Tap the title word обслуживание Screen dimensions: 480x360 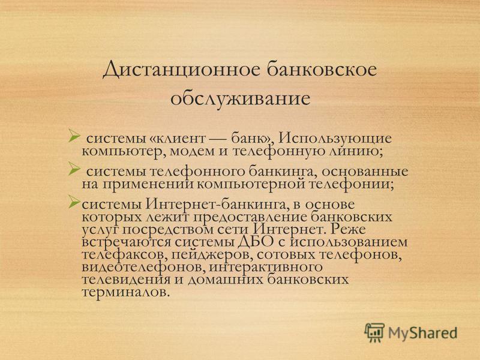tap(241, 99)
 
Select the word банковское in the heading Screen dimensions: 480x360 tap(322, 69)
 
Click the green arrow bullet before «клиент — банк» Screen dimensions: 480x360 tap(74, 136)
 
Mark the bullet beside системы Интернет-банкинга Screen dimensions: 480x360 tap(74, 202)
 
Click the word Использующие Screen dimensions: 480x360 tap(335, 139)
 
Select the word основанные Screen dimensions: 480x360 tap(365, 172)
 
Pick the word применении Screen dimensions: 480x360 tap(148, 185)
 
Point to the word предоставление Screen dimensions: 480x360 tap(250, 217)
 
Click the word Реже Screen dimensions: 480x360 tap(349, 229)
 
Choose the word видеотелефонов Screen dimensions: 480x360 tap(143, 267)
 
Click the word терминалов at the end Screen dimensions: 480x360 tap(125, 292)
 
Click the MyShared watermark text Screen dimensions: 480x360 tap(423, 333)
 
